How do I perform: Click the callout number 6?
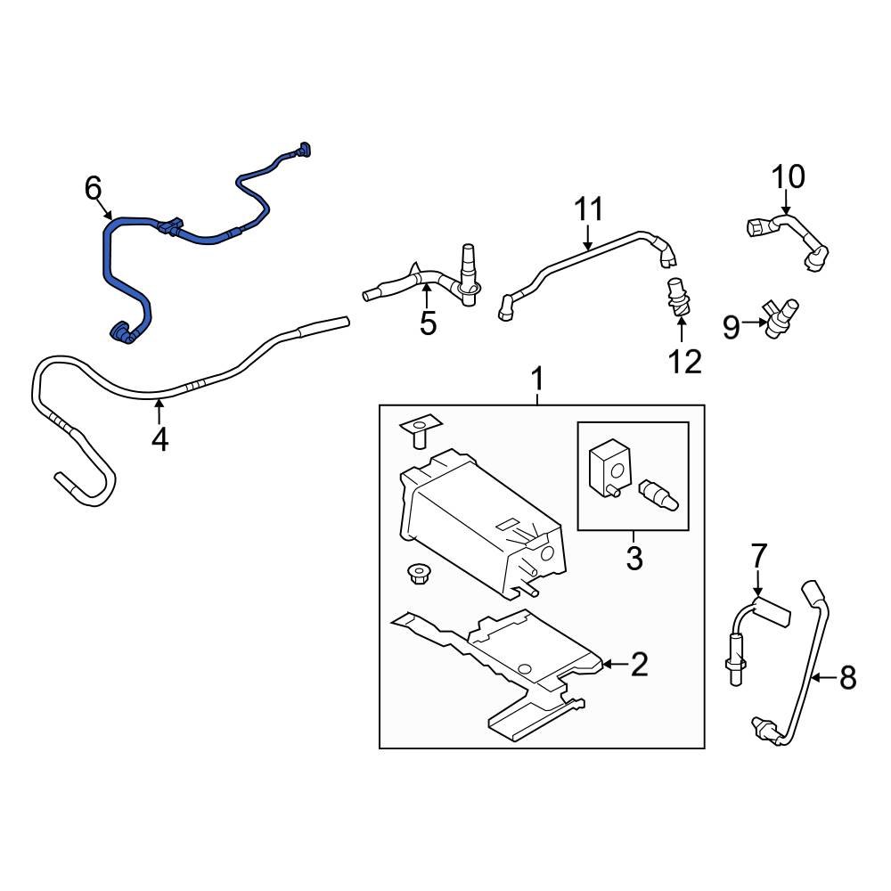coord(94,188)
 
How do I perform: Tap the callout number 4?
coord(159,439)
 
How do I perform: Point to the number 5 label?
coord(429,323)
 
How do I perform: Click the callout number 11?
coord(588,210)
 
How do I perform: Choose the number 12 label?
coord(686,361)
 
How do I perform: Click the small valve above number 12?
coord(676,298)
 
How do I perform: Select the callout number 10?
coord(788,177)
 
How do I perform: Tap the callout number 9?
coord(731,329)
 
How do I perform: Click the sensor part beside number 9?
coord(780,317)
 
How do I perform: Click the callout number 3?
coord(634,559)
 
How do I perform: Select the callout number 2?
coord(640,664)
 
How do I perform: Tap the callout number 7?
coord(757,556)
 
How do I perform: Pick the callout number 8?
coord(847,679)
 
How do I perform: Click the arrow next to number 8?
coord(824,679)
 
